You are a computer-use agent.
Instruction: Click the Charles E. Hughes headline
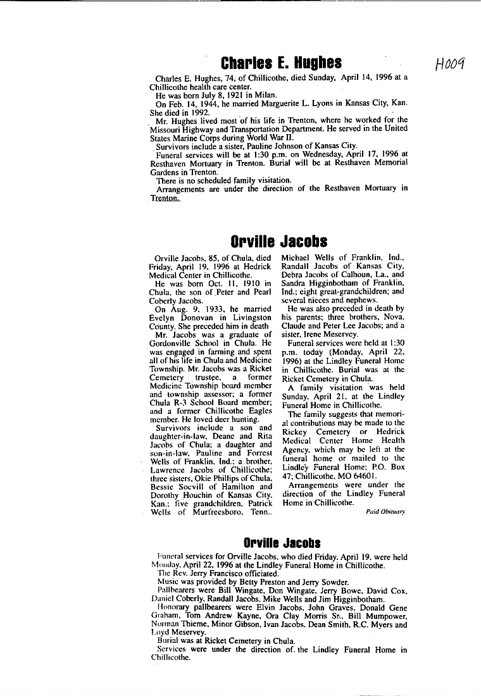(x=281, y=63)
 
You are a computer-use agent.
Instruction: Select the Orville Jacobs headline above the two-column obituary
(x=279, y=242)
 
